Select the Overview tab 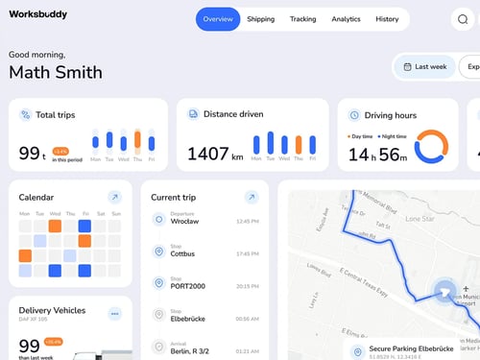[x=218, y=19]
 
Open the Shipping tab [x=260, y=19]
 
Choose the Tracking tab [x=302, y=19]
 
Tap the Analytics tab [x=346, y=19]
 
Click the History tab [x=387, y=19]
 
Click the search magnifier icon [x=463, y=19]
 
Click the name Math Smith [x=55, y=72]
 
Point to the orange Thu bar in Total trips [x=137, y=142]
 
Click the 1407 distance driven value [x=207, y=154]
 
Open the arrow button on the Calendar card [x=114, y=197]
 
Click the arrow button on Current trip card [x=251, y=197]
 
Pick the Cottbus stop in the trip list [x=182, y=254]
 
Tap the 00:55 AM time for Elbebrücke [x=247, y=319]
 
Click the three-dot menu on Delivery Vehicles [x=114, y=313]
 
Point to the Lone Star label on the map [x=420, y=218]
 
